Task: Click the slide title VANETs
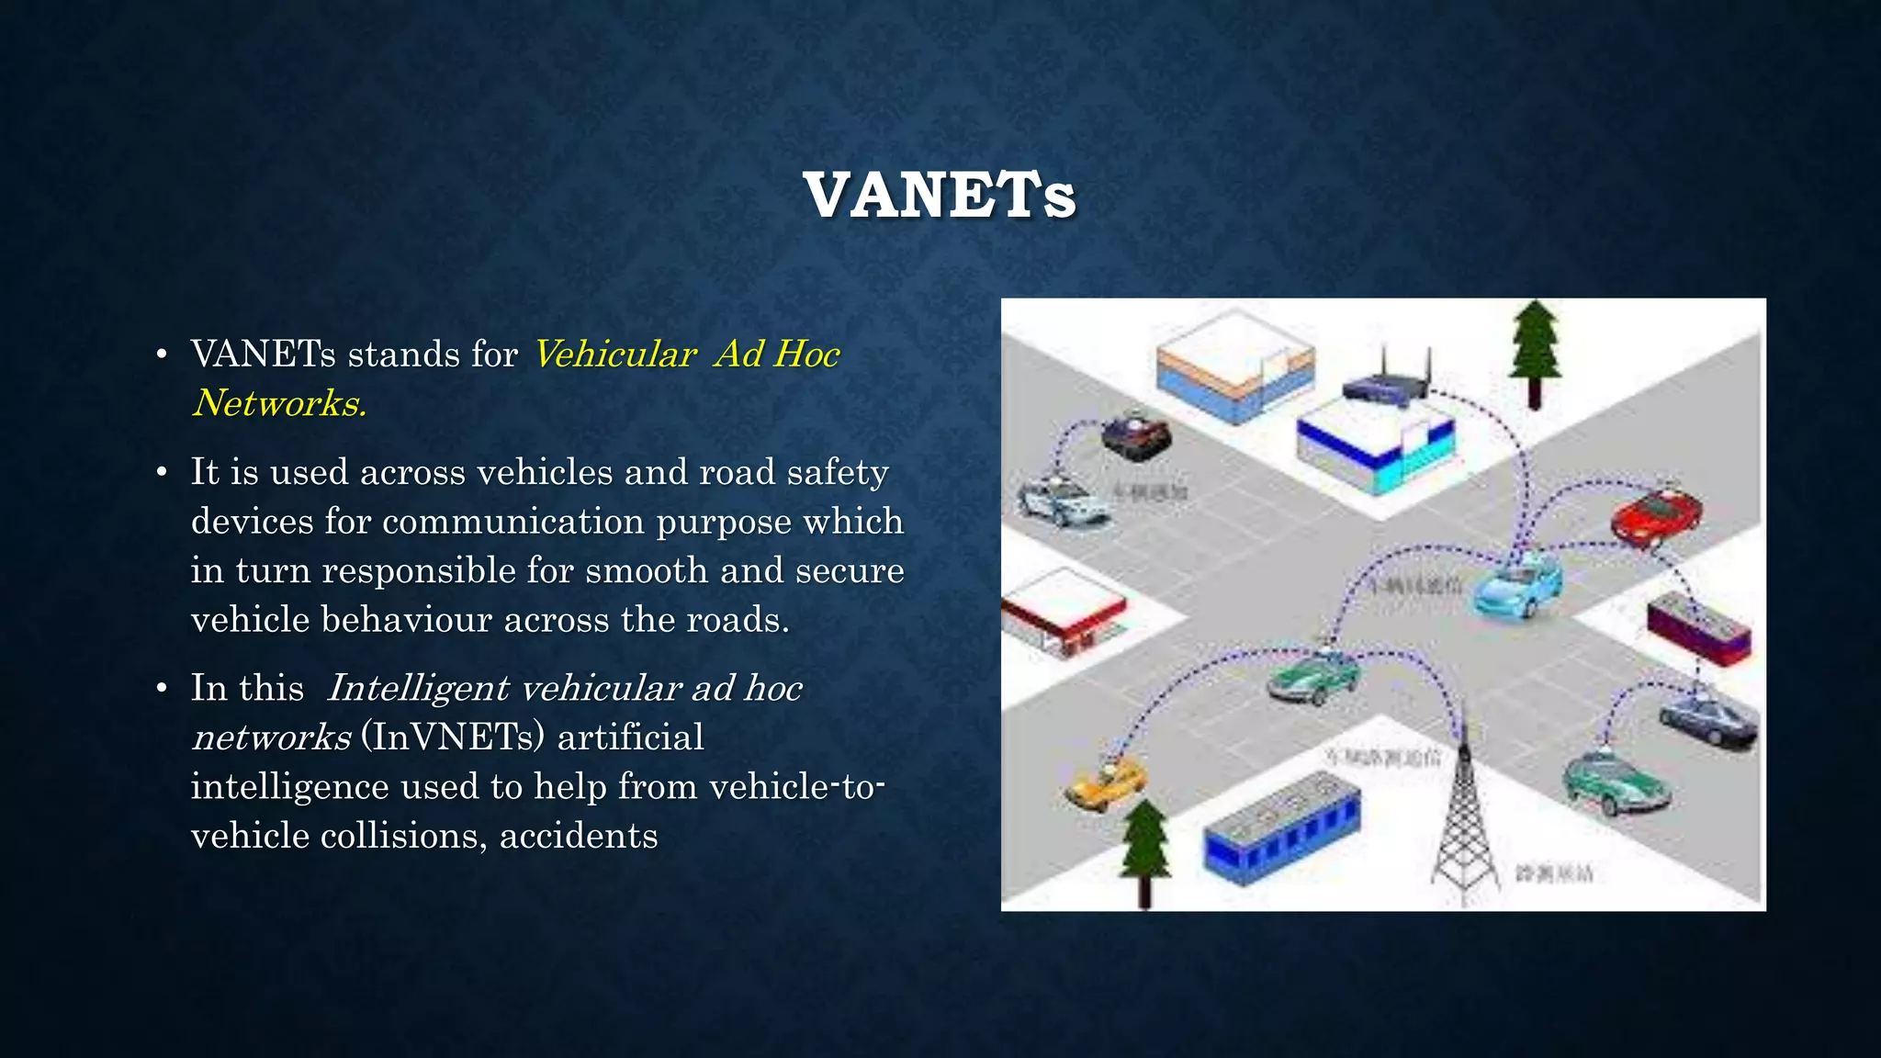[x=940, y=195]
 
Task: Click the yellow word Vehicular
[x=614, y=355]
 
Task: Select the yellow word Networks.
[x=279, y=403]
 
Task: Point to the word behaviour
[x=407, y=620]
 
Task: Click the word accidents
[x=579, y=836]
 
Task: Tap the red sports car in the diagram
[x=1655, y=518]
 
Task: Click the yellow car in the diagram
[x=1105, y=783]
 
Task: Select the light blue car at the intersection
[x=1517, y=586]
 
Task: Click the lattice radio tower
[x=1464, y=817]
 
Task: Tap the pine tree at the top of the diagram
[x=1535, y=354]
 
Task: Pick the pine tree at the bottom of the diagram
[x=1144, y=850]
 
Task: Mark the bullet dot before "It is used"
[x=162, y=473]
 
